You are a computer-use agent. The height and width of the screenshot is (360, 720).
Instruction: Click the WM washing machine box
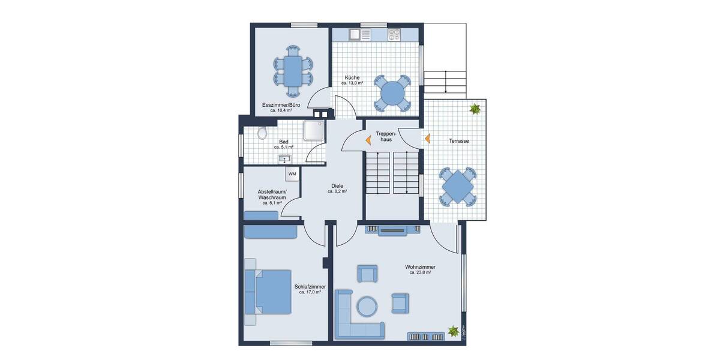pos(292,174)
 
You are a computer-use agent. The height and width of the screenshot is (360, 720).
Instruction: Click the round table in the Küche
pos(393,94)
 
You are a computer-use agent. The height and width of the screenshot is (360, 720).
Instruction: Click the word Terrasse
pos(458,141)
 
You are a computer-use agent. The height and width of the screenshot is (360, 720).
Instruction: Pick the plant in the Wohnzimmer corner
pos(454,331)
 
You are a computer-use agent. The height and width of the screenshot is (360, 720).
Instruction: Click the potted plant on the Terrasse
pos(475,109)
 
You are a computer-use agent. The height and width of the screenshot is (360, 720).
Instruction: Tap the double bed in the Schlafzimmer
pos(268,292)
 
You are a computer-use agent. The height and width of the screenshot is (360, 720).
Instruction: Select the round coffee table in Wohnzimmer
pos(367,307)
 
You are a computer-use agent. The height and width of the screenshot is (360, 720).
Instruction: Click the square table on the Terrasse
pos(458,187)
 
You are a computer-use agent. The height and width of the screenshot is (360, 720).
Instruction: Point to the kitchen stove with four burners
pos(394,34)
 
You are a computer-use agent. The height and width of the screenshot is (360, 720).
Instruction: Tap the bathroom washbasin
pos(284,159)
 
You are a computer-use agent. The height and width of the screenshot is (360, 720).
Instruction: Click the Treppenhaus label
pos(383,136)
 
